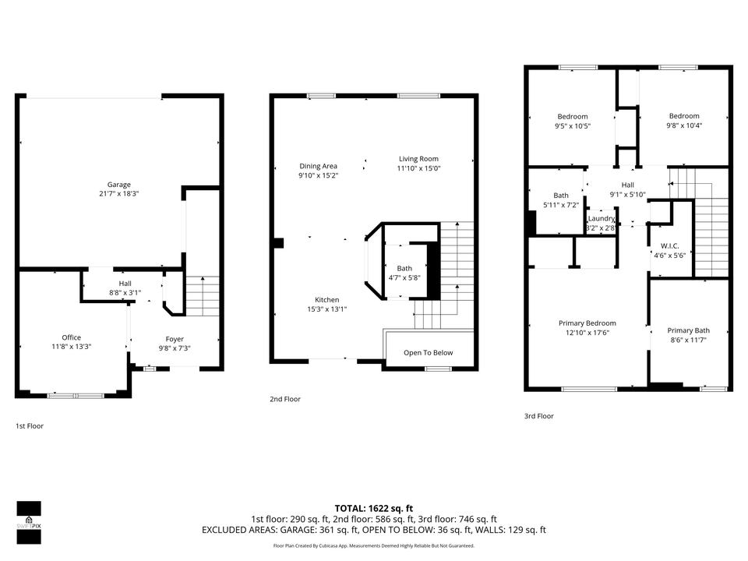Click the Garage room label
click(118, 185)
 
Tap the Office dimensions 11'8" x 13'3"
click(72, 347)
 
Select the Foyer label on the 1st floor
click(175, 339)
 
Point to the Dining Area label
click(318, 166)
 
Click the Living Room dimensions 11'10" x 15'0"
click(419, 168)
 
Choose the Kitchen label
click(326, 299)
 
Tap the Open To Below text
click(429, 353)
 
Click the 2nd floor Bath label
click(404, 269)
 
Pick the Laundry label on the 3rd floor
click(601, 218)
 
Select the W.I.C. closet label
click(670, 246)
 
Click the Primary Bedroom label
click(587, 323)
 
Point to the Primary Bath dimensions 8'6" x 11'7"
click(688, 340)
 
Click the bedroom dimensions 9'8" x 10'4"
click(684, 125)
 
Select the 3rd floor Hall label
click(628, 185)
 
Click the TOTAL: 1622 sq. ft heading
click(373, 509)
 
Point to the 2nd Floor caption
click(285, 399)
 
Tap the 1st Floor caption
click(30, 426)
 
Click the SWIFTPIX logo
click(29, 522)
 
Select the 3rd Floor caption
click(539, 416)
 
